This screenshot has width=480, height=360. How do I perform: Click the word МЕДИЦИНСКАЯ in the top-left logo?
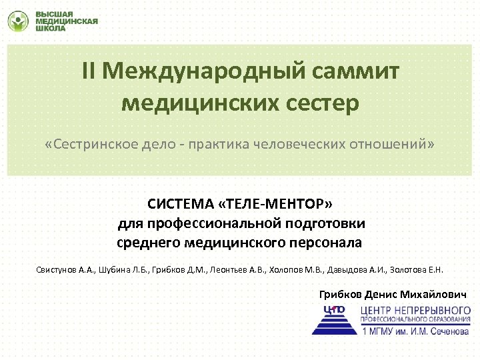tap(66, 21)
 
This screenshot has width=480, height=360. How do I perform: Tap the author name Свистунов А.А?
tap(65, 271)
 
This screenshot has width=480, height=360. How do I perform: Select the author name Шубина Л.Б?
tap(123, 271)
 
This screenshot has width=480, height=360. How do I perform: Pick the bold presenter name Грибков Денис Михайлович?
tap(393, 294)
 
